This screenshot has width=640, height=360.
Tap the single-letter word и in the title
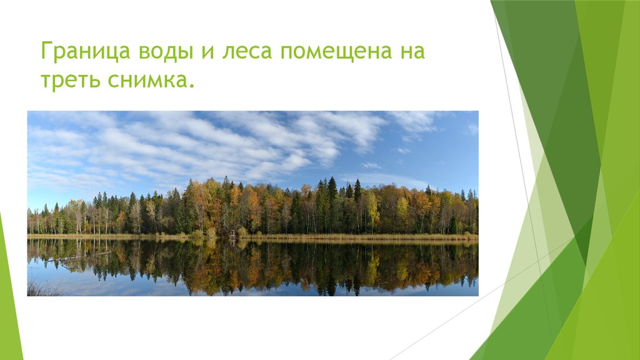tap(207, 52)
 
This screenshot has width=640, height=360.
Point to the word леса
tap(246, 52)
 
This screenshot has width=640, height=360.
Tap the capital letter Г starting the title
tap(46, 51)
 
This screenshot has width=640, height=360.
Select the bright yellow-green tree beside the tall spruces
tap(372, 209)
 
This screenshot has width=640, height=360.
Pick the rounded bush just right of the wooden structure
tap(242, 232)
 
